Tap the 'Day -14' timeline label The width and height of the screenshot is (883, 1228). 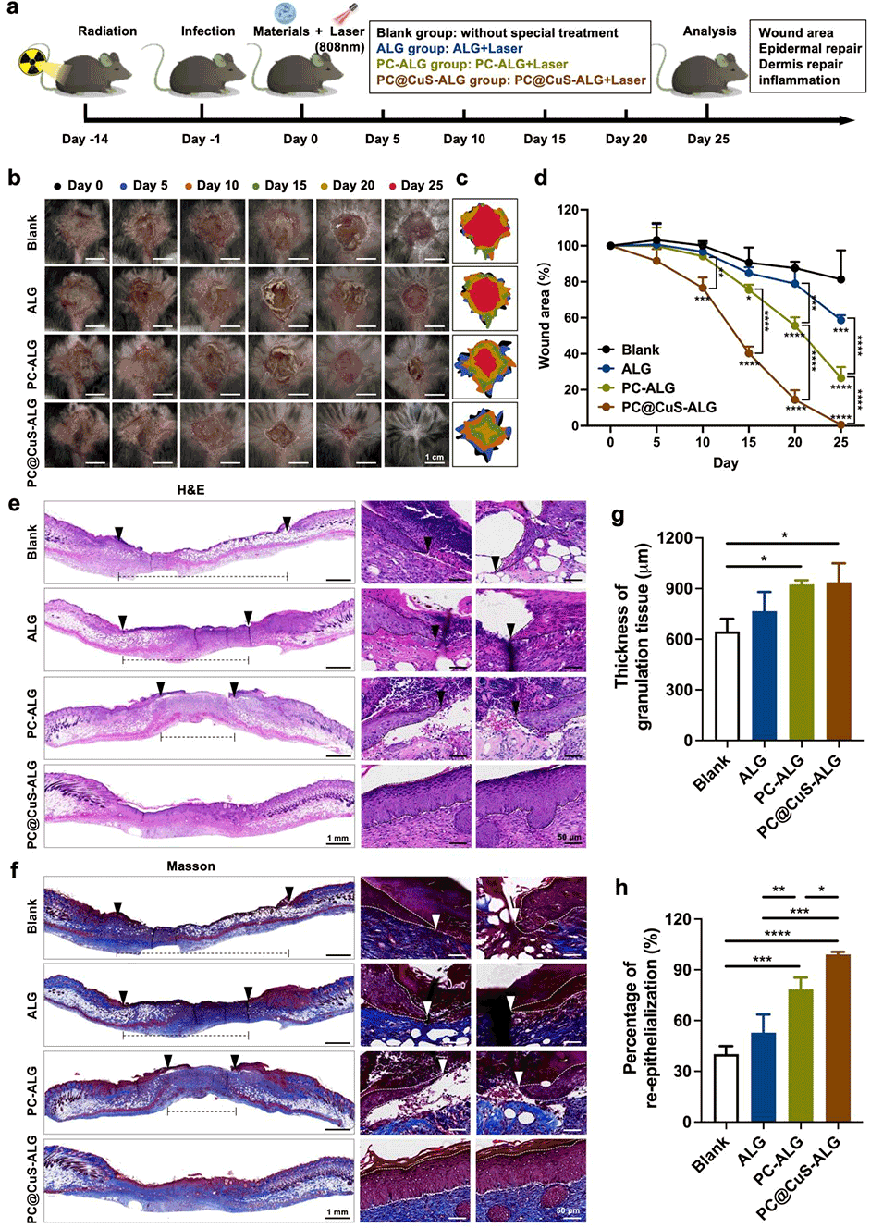click(85, 139)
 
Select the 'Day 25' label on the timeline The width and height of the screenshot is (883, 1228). click(708, 139)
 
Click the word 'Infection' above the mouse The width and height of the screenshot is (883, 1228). click(208, 31)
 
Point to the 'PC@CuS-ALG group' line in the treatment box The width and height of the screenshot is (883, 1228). click(510, 80)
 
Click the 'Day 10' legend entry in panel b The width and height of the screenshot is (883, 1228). click(212, 185)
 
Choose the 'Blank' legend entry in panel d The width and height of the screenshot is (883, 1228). click(640, 350)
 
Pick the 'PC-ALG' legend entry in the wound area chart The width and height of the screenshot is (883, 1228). click(647, 387)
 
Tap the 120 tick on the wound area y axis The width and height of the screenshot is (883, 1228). click(568, 210)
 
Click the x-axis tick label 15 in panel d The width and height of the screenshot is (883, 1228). click(749, 442)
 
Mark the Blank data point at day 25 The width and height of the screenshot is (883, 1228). click(840, 279)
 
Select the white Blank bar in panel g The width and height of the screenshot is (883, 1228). click(728, 686)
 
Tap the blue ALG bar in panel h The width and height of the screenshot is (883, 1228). click(763, 1077)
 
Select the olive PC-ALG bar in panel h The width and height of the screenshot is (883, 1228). click(800, 1056)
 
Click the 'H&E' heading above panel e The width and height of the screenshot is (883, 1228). click(190, 489)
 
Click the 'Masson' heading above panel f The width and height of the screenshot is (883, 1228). click(190, 866)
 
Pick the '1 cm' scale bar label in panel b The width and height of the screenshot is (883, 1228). click(434, 457)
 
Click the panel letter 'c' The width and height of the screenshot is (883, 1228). click(461, 178)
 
